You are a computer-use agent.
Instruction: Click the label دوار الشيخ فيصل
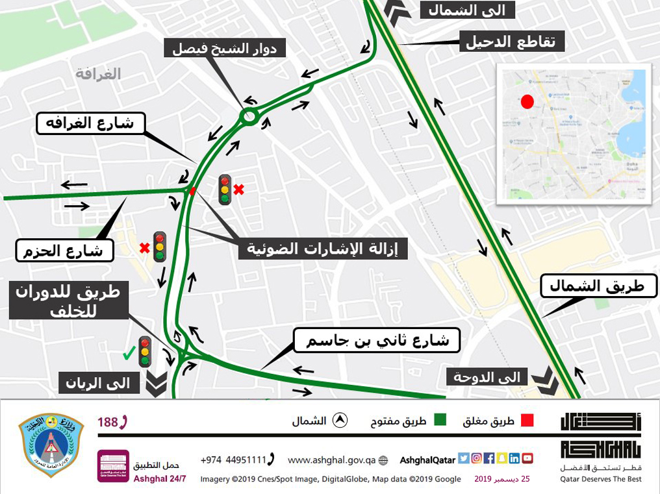(225, 47)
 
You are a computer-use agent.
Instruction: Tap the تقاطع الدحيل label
(511, 42)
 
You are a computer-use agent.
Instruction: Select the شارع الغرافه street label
(90, 123)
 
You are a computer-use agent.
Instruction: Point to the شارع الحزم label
(65, 250)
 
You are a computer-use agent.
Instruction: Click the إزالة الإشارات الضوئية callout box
(323, 248)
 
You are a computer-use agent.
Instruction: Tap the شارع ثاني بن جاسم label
(376, 340)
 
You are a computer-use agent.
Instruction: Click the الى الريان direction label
(98, 383)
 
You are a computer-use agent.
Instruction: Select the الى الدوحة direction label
(486, 377)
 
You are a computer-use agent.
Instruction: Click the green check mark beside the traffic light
(130, 353)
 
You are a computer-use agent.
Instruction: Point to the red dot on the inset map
(527, 102)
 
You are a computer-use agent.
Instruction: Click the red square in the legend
(527, 421)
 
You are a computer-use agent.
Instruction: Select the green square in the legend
(439, 421)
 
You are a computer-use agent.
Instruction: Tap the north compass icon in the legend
(338, 421)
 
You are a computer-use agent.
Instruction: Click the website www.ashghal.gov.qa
(331, 460)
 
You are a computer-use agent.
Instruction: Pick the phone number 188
(112, 422)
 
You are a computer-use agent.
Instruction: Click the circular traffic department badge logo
(51, 445)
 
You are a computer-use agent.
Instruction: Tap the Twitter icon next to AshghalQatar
(464, 458)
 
